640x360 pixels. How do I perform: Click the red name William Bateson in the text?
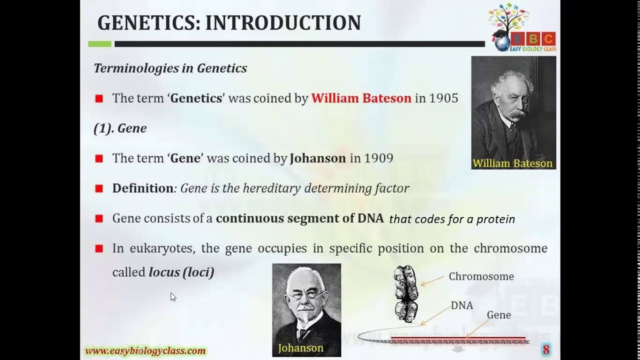[361, 98]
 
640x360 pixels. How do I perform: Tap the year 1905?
[443, 98]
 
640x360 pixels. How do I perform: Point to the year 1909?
[378, 158]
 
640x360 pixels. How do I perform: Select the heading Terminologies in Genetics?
[170, 68]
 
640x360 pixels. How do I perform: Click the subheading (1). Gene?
[120, 128]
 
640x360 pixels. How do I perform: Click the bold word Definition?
[142, 188]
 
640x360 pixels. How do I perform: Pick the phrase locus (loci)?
[181, 272]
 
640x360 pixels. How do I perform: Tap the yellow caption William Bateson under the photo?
[512, 163]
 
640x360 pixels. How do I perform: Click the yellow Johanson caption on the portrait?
[300, 348]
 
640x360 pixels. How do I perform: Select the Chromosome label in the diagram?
[481, 276]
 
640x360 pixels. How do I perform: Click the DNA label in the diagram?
[461, 305]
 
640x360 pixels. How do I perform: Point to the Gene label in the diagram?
[498, 315]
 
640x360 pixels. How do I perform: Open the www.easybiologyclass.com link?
[145, 351]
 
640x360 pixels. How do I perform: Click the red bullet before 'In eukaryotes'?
[99, 248]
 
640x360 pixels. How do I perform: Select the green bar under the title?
[99, 44]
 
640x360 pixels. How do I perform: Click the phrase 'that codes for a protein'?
[451, 219]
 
